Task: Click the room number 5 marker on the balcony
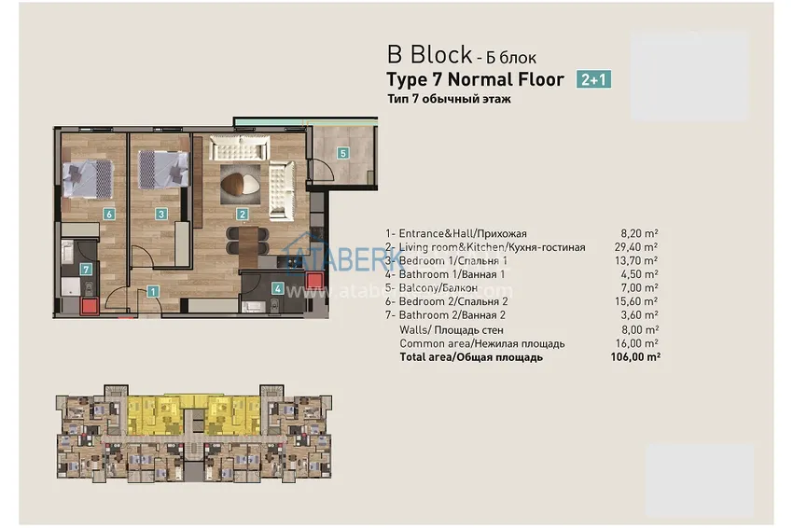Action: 342,153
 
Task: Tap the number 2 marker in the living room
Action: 243,215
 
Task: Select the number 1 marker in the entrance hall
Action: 153,291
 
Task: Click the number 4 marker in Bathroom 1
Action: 278,288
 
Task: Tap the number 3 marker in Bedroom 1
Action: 161,214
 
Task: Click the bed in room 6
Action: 87,175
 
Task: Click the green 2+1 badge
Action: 594,79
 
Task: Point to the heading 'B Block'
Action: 423,55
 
